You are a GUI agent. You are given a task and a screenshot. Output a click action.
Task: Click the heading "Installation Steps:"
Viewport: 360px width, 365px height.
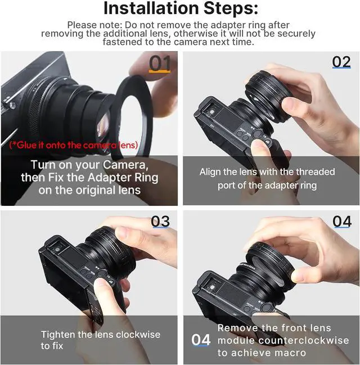(x=181, y=9)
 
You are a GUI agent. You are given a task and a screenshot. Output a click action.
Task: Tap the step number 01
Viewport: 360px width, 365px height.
(x=160, y=64)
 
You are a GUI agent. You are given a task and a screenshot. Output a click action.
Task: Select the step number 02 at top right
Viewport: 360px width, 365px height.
(x=341, y=62)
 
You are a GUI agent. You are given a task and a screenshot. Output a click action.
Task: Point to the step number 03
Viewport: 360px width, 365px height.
(x=160, y=222)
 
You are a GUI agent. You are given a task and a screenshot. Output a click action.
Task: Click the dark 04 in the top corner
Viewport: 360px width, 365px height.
(x=341, y=222)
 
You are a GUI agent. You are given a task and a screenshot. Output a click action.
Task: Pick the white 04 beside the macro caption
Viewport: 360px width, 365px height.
(x=201, y=340)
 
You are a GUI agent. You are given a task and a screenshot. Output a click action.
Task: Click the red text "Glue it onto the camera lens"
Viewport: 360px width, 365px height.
(x=74, y=145)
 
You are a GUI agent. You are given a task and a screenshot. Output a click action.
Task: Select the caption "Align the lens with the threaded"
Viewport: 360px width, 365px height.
(x=267, y=172)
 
